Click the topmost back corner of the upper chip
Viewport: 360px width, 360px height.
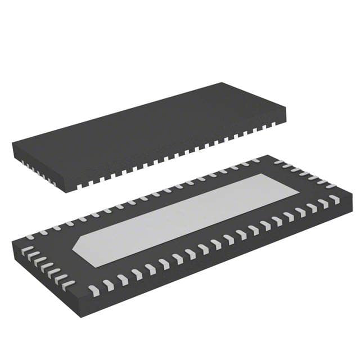coord(221,83)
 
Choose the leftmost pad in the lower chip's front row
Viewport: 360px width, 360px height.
coord(93,290)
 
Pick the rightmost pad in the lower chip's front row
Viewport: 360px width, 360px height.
coord(336,199)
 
